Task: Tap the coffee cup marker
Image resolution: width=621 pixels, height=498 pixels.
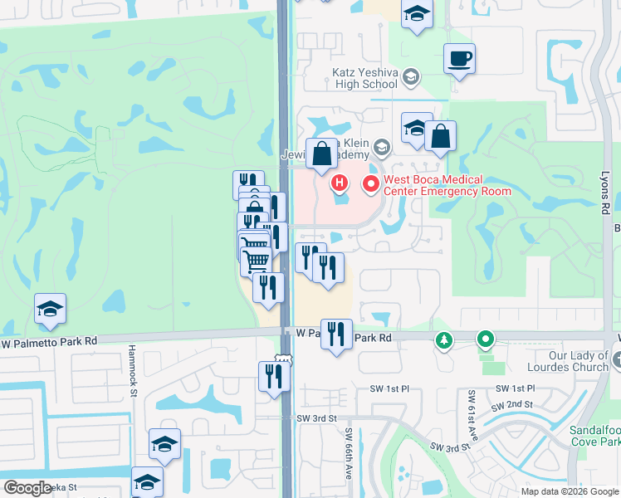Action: tap(459, 59)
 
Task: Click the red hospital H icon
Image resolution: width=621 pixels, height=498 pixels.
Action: tap(339, 183)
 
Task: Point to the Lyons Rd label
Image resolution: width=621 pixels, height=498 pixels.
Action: tap(604, 190)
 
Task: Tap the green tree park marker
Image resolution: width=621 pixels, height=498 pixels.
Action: tap(445, 339)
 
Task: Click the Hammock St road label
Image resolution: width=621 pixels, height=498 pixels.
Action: tap(131, 378)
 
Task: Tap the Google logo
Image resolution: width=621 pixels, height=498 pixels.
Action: tap(27, 488)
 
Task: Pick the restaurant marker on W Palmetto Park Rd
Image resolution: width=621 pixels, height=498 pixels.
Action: tap(336, 334)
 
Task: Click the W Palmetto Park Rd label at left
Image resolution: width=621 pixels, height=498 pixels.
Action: tap(50, 341)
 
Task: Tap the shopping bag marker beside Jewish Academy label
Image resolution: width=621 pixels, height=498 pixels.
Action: tap(320, 154)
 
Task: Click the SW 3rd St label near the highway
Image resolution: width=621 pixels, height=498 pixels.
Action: tap(317, 418)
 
